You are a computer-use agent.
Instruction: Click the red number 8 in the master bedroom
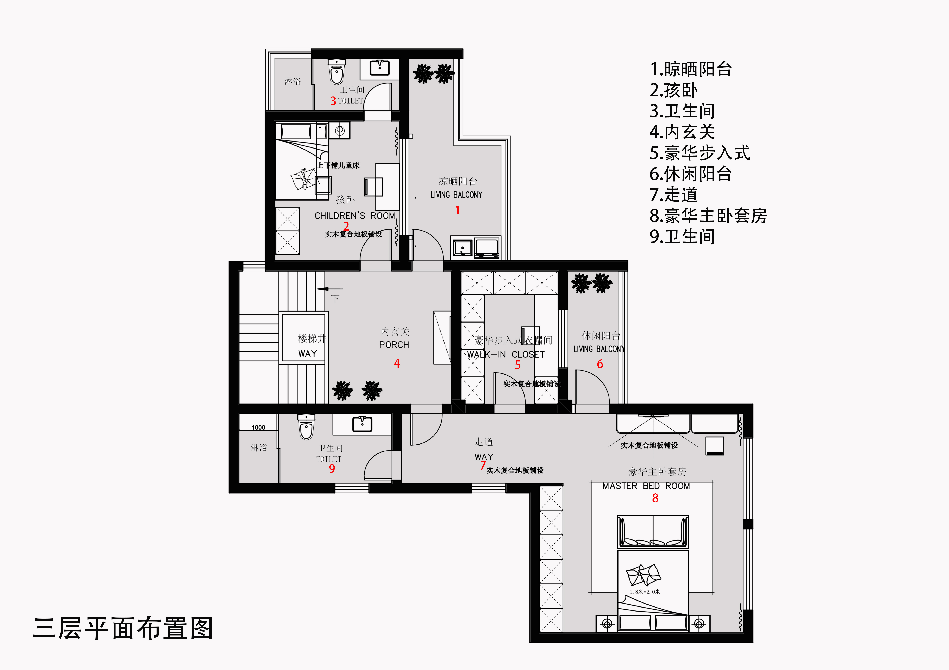click(655, 498)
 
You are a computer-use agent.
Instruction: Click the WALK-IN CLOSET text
click(506, 354)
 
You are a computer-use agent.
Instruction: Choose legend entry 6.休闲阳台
click(690, 174)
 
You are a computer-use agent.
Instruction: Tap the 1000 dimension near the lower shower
click(258, 428)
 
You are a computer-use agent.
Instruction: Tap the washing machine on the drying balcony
click(487, 248)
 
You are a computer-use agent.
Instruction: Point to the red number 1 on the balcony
click(457, 210)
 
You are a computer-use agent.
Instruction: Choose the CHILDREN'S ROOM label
click(355, 216)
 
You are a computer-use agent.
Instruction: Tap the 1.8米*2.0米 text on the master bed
click(645, 591)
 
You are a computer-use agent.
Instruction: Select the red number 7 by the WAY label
click(482, 465)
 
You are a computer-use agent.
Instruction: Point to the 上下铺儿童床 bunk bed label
click(339, 165)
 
